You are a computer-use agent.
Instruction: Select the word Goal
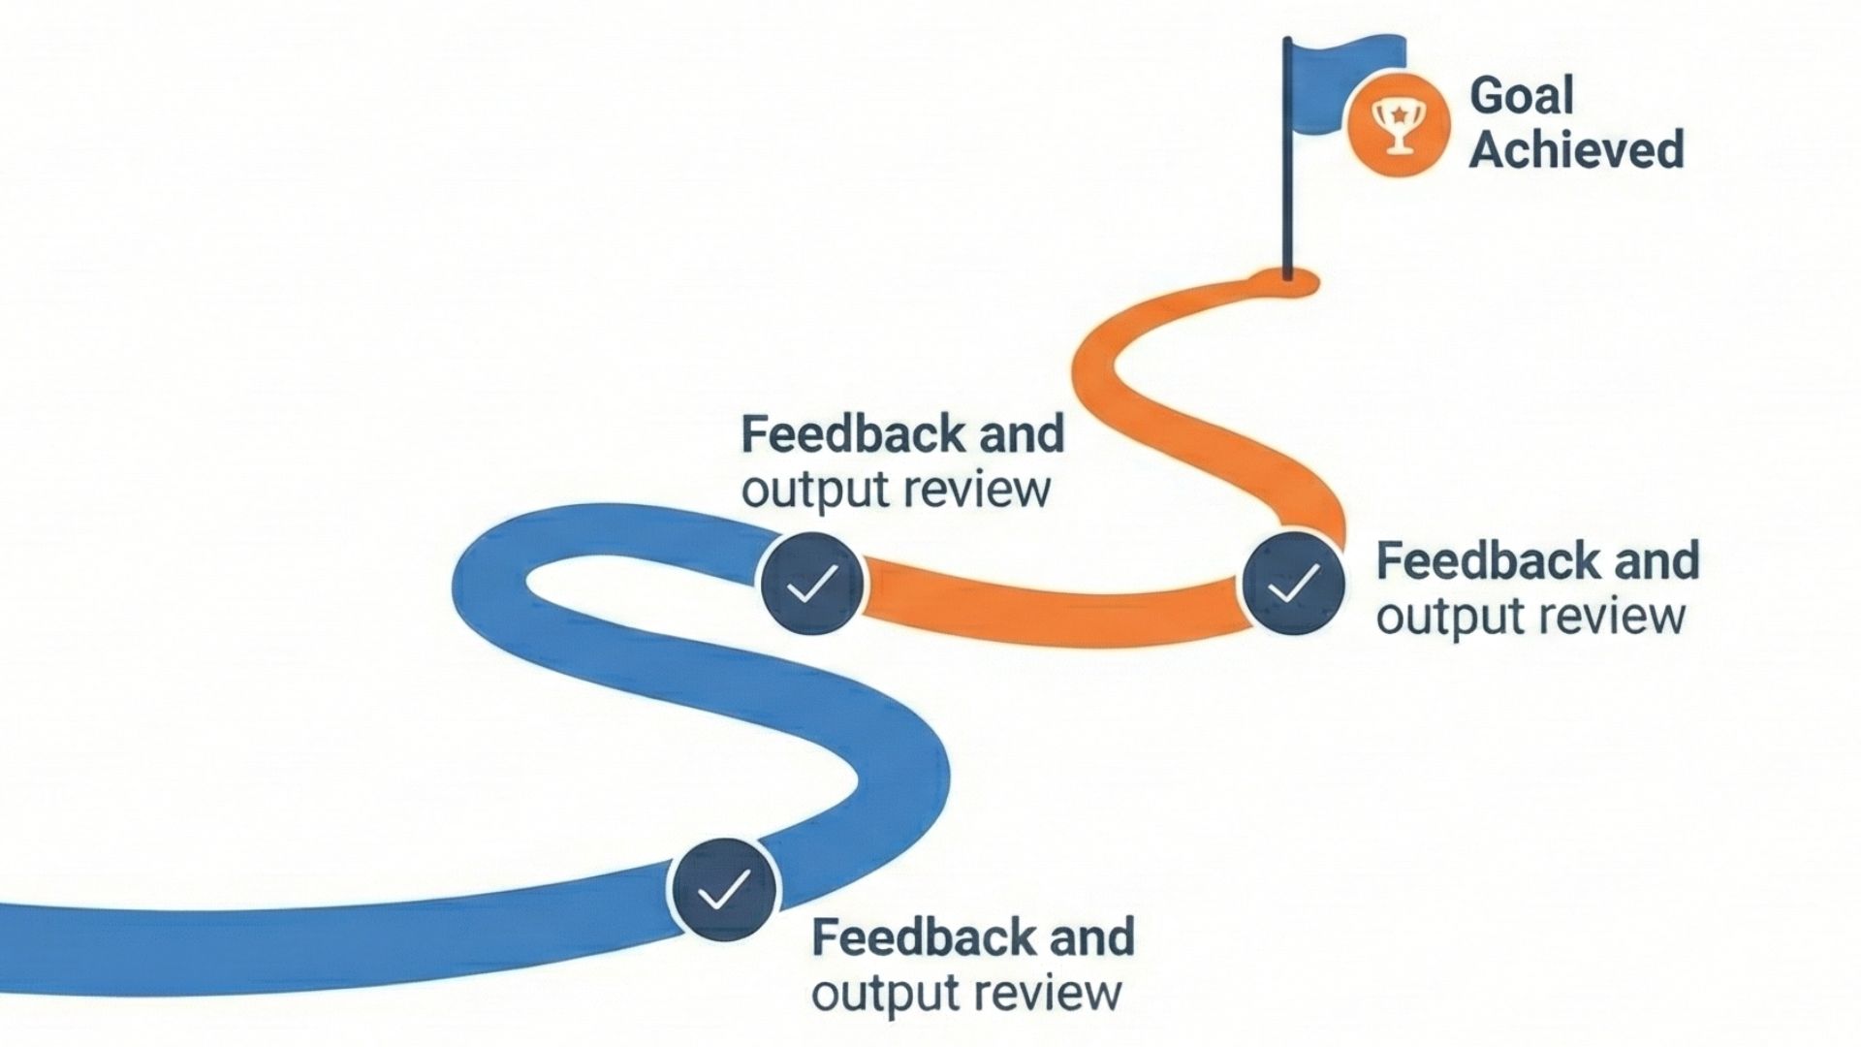coord(1521,95)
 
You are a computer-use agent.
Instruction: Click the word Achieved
coord(1577,149)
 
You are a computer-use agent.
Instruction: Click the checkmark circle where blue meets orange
coord(812,584)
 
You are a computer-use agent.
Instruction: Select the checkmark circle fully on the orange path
coord(1293,584)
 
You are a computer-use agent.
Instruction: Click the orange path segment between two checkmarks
coord(1052,606)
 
